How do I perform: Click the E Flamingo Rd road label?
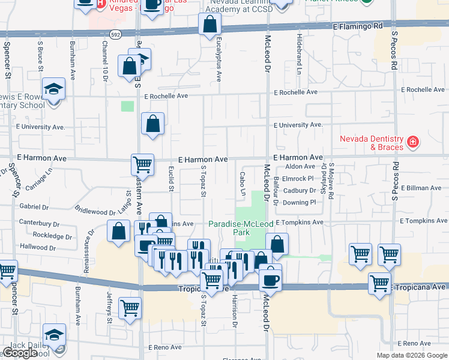(357, 26)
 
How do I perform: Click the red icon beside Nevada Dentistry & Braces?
(412, 142)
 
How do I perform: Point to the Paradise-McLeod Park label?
(237, 227)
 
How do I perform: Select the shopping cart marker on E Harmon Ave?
(143, 163)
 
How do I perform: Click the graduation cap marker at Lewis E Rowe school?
(54, 89)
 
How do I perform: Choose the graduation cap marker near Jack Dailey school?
(54, 334)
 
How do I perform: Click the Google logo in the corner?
(19, 353)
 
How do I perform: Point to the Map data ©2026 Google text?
(412, 355)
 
